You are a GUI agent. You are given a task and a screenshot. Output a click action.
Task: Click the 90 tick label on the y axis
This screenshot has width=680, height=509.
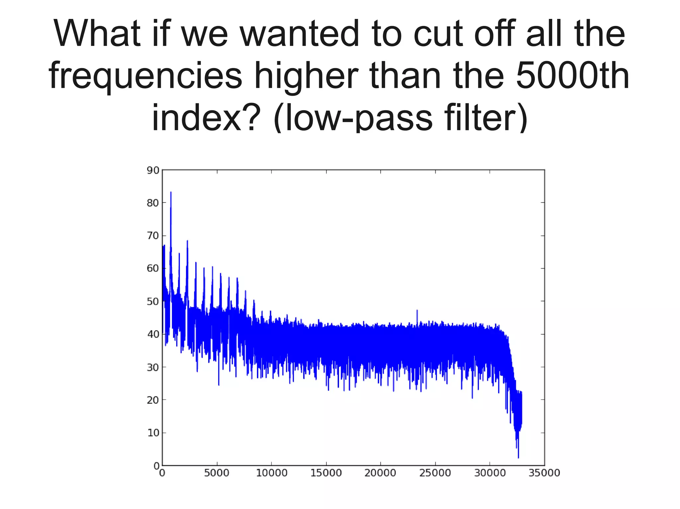point(153,170)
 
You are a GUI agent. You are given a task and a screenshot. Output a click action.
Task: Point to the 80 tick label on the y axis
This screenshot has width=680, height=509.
point(153,203)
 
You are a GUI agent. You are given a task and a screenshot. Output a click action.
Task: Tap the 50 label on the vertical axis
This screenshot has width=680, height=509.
point(153,302)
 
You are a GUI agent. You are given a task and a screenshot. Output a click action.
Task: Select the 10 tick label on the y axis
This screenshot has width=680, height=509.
point(153,433)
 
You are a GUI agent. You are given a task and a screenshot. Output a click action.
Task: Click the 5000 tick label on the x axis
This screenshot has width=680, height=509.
point(216,473)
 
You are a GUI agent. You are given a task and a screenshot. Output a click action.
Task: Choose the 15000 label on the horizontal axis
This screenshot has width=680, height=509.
point(326,473)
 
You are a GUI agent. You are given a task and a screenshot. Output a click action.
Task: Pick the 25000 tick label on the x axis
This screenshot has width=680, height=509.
point(435,473)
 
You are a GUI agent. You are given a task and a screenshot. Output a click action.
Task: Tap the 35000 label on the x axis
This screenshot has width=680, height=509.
point(544,473)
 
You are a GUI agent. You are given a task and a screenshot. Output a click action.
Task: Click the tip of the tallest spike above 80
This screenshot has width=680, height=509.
point(171,192)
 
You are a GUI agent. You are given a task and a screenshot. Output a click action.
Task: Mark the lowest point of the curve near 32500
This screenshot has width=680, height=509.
point(518,458)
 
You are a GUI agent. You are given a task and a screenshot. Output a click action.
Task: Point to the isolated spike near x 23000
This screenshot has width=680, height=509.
point(417,310)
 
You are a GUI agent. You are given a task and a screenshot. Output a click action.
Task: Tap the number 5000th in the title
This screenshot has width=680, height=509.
point(573,76)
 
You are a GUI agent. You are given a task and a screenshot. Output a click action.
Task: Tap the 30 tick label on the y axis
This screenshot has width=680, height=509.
point(153,367)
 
